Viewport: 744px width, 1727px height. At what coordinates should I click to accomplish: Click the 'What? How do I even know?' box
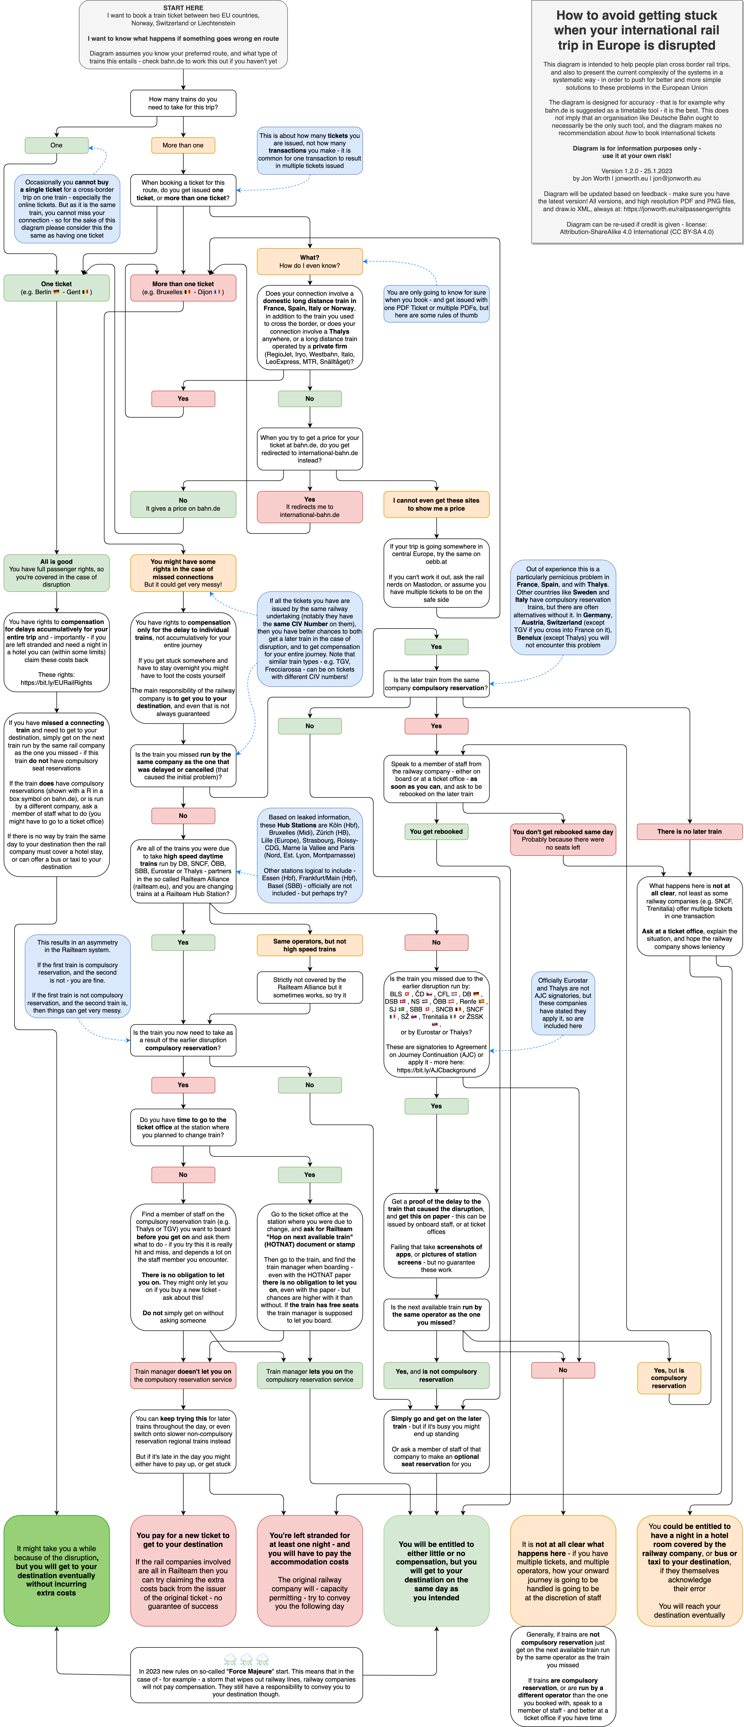(310, 261)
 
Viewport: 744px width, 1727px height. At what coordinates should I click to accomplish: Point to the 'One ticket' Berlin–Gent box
(56, 288)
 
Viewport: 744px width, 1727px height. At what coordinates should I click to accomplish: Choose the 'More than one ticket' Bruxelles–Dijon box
(183, 288)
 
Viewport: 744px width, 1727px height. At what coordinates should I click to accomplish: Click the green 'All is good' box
(56, 572)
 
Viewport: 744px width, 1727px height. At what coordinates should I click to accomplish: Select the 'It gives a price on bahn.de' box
(183, 504)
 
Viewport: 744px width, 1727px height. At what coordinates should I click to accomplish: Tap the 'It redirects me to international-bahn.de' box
(310, 507)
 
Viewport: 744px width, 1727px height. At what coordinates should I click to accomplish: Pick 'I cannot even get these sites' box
(436, 504)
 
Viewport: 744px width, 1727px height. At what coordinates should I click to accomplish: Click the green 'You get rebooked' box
(436, 831)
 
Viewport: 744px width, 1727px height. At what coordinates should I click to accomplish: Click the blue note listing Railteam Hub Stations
(310, 855)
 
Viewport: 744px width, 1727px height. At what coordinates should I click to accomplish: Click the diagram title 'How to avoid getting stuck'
(637, 30)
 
